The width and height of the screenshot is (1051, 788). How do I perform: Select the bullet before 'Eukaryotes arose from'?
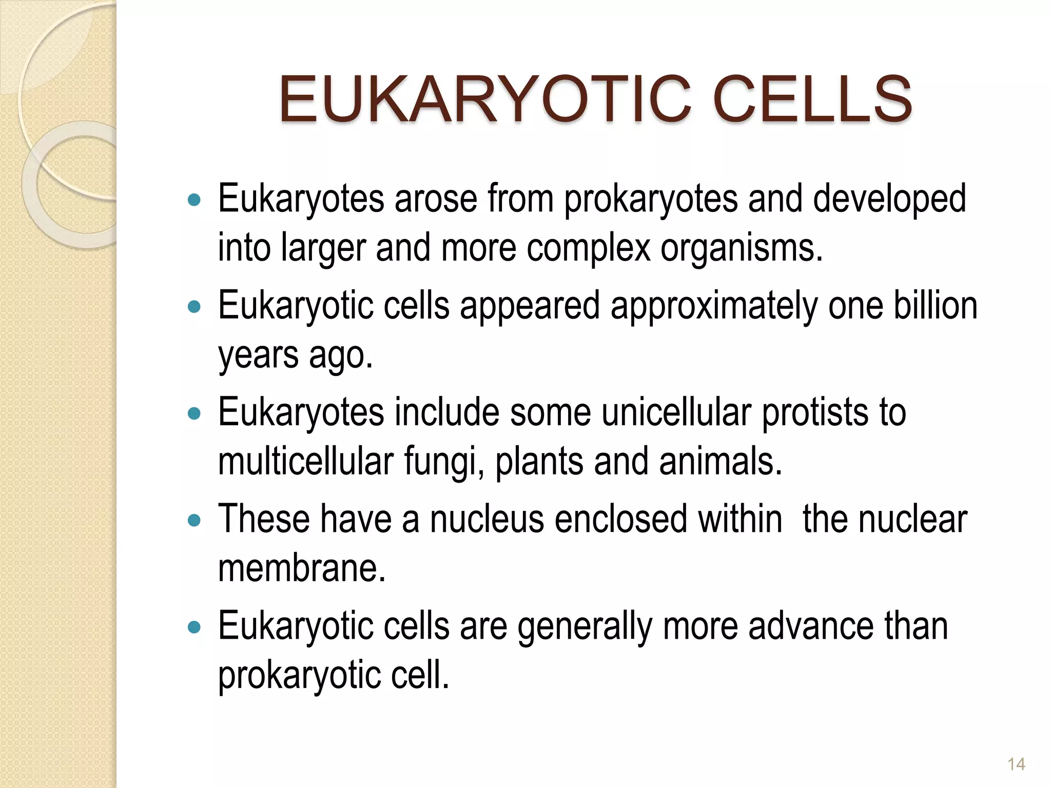point(194,200)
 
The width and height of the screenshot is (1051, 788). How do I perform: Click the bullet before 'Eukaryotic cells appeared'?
point(194,307)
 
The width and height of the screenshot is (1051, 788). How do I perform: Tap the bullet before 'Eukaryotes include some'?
point(194,413)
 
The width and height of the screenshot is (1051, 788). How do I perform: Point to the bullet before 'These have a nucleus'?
point(194,521)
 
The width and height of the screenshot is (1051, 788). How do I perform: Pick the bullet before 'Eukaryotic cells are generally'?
point(194,627)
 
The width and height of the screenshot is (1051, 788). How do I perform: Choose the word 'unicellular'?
point(676,412)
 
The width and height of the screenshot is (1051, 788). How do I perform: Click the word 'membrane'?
point(302,568)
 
